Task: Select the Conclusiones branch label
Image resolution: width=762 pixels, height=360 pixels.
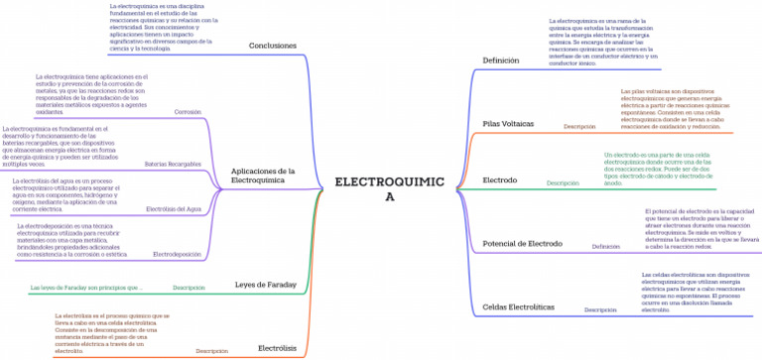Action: pyautogui.click(x=272, y=46)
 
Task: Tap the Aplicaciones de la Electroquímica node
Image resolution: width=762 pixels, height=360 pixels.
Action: pyautogui.click(x=263, y=176)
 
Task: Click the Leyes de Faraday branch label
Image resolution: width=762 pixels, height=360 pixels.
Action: pyautogui.click(x=265, y=285)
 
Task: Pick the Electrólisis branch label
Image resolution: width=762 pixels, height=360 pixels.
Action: pyautogui.click(x=277, y=348)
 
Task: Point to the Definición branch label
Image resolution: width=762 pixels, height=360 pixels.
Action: pyautogui.click(x=500, y=60)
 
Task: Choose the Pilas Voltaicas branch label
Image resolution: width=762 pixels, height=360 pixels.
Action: pyautogui.click(x=508, y=123)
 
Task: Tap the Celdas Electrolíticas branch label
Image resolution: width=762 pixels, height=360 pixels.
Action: pyautogui.click(x=518, y=306)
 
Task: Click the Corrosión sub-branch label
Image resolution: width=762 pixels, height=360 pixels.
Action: pyautogui.click(x=188, y=112)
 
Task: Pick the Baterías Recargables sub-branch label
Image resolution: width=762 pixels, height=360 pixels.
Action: pyautogui.click(x=173, y=163)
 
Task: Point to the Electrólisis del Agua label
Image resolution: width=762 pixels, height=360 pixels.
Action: pyautogui.click(x=174, y=209)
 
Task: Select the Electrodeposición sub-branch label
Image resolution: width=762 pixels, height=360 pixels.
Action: pyautogui.click(x=178, y=255)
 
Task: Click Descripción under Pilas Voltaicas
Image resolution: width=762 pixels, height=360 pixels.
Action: pyautogui.click(x=579, y=127)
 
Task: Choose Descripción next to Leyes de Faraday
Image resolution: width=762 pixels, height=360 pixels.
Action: pyautogui.click(x=189, y=288)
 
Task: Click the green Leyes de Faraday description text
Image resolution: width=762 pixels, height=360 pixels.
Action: pyautogui.click(x=86, y=288)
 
